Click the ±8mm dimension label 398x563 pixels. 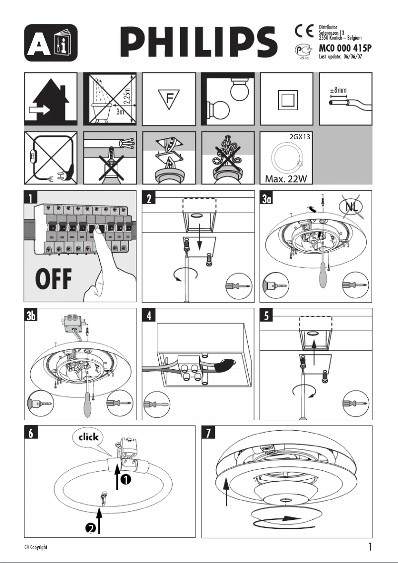point(338,91)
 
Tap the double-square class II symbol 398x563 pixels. point(287,99)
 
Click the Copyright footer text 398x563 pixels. point(36,547)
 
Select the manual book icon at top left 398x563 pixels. point(51,42)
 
